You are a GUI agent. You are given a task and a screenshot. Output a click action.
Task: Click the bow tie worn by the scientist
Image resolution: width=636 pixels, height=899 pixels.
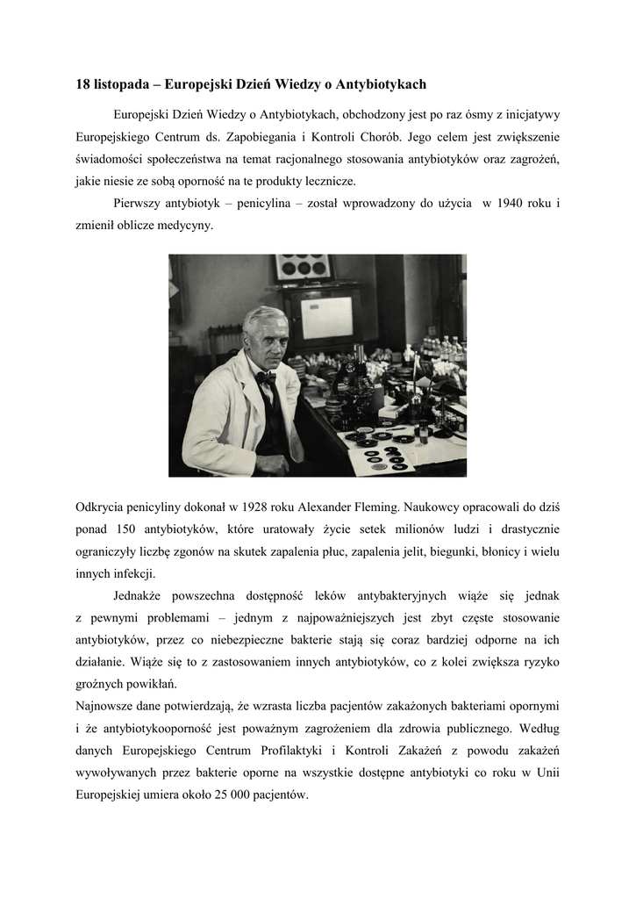(266, 378)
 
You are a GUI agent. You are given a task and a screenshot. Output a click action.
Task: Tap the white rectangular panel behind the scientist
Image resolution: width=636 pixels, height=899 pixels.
(326, 317)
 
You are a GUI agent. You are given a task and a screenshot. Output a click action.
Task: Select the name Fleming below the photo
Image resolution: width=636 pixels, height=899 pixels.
(376, 507)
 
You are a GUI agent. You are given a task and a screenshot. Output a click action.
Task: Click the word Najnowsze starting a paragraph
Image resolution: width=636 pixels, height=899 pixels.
(104, 706)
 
